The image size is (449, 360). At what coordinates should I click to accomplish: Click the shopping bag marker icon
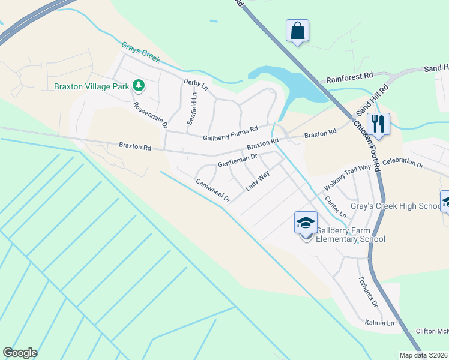pos(298,31)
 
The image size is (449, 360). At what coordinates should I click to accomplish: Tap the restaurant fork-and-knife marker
pos(378,124)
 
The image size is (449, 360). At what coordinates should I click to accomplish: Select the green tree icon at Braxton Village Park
pos(139,86)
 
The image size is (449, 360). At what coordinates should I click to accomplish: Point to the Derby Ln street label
pos(196,85)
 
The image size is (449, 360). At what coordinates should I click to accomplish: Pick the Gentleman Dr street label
pos(237,160)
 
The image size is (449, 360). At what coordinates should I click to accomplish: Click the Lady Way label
pos(258,181)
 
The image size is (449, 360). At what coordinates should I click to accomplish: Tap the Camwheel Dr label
pos(212,190)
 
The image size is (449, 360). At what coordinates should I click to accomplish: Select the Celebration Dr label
pos(403,164)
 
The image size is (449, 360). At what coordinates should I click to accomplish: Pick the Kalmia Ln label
pos(382,323)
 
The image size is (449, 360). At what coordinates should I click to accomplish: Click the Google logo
pos(20,352)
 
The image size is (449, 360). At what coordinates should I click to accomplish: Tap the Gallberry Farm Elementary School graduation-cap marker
pos(306,223)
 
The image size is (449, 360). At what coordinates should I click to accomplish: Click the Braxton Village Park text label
pos(92,86)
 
